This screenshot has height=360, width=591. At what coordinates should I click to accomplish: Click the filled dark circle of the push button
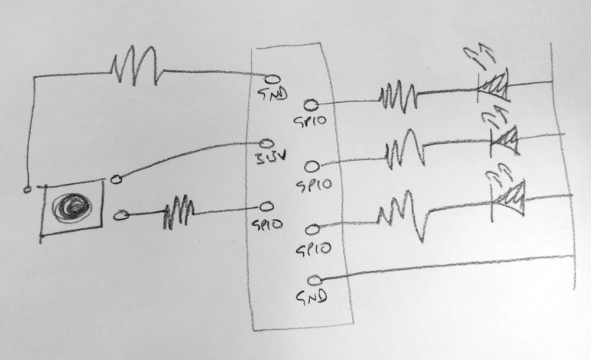point(71,206)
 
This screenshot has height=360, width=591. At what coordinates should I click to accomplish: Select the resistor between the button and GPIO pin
point(179,214)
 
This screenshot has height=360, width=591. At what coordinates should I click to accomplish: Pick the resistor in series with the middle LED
point(405,151)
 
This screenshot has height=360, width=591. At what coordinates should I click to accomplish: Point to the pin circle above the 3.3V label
point(267,144)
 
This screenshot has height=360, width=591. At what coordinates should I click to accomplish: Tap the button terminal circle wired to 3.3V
point(117,179)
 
